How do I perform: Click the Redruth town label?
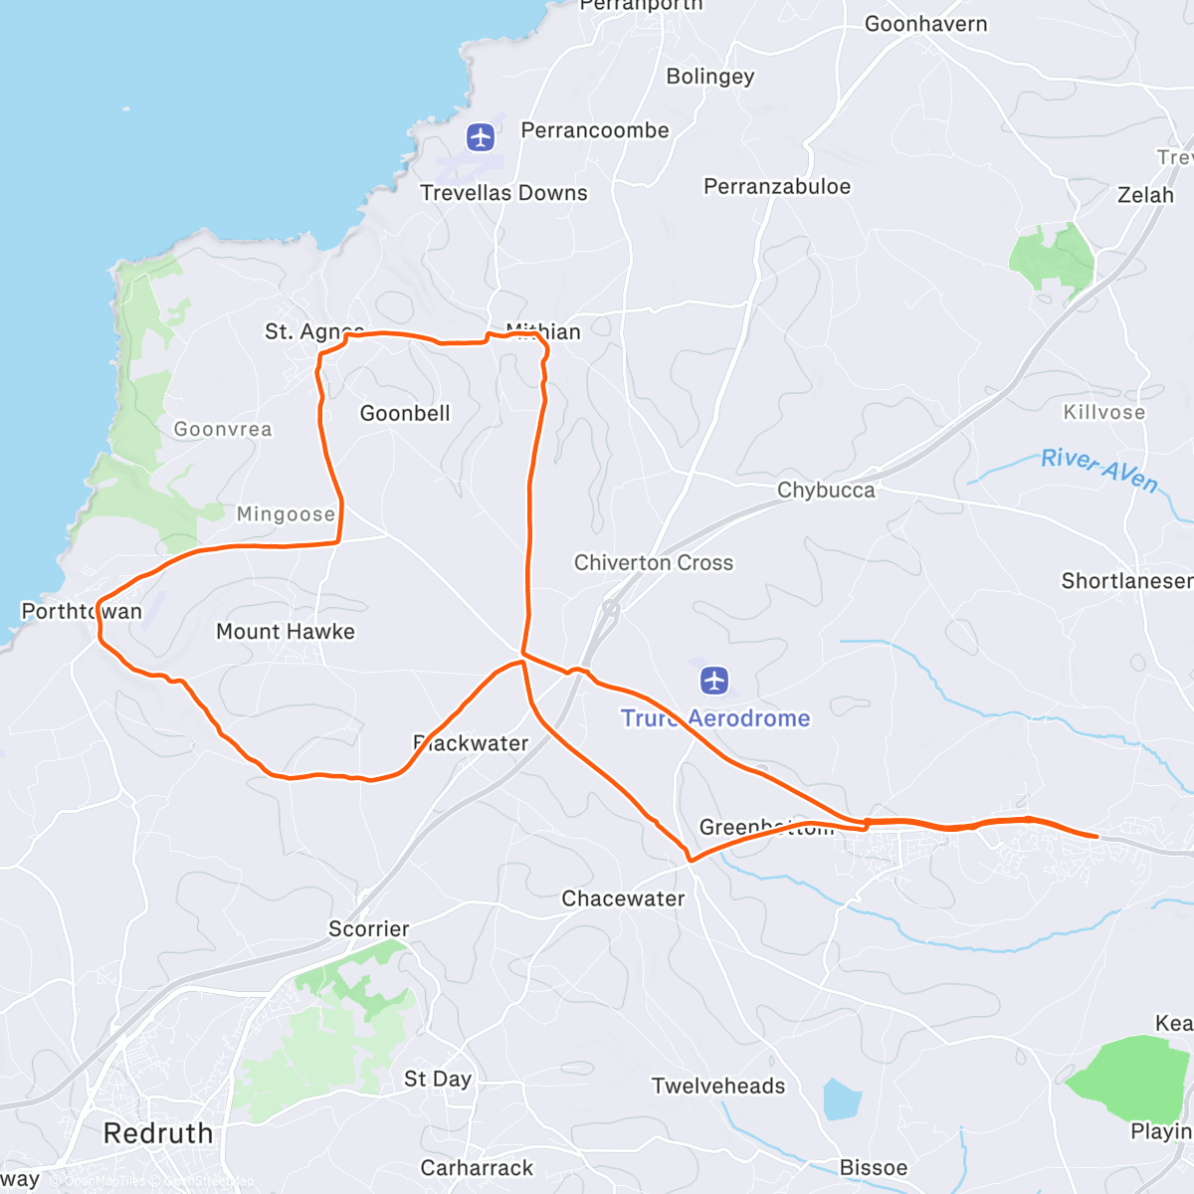coord(158,1133)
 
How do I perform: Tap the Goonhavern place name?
coord(925,24)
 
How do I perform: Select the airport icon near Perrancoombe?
coord(481,136)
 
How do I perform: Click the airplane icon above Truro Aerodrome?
coord(714,681)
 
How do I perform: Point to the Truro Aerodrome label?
coord(715,718)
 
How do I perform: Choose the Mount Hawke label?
coord(286,632)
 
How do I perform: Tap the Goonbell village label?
coord(405,414)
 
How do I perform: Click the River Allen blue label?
coord(1099,469)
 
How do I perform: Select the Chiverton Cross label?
coord(654,563)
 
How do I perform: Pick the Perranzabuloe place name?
coord(777,187)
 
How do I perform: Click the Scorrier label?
coord(369,929)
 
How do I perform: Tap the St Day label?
coord(438,1080)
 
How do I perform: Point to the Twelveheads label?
coord(718,1087)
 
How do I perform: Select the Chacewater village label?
coord(624,899)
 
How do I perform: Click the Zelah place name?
coord(1145,195)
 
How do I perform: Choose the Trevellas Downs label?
coord(503,193)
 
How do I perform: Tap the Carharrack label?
coord(477,1168)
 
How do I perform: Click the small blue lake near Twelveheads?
coord(842,1099)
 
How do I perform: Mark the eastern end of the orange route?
coord(1096,837)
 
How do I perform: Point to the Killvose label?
coord(1104,412)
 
